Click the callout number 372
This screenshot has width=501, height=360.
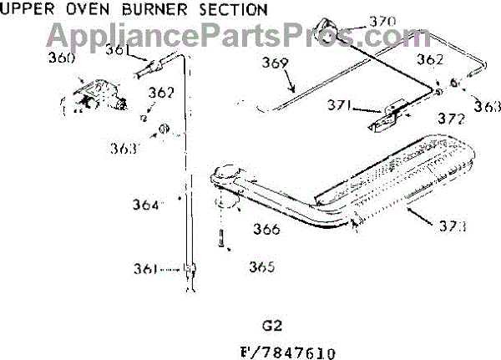[450, 119]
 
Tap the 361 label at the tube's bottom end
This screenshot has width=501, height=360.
[169, 269]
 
